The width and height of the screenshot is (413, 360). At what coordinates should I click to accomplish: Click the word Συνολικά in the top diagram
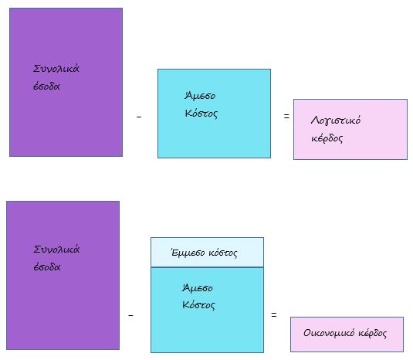(x=56, y=69)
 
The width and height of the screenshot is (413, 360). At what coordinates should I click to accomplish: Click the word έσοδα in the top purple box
(x=46, y=87)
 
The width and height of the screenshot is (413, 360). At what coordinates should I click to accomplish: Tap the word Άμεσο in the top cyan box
(x=200, y=95)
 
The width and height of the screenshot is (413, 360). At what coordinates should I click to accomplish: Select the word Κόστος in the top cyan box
(x=201, y=114)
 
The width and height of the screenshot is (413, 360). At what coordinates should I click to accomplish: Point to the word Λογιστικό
(x=336, y=121)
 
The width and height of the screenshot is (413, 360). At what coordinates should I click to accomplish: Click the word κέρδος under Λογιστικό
(x=327, y=138)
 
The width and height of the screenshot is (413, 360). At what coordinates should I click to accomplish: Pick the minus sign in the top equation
(x=139, y=116)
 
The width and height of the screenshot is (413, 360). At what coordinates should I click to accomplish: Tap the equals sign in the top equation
(x=286, y=116)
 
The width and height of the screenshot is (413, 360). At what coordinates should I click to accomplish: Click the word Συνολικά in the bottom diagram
(x=56, y=250)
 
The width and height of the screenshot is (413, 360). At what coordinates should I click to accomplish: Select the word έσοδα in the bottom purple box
(x=47, y=267)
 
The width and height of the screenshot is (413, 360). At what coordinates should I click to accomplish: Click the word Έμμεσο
(x=188, y=253)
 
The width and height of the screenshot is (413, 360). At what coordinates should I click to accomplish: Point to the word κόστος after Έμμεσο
(x=223, y=253)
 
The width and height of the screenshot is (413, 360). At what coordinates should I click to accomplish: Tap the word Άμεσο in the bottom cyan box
(x=198, y=288)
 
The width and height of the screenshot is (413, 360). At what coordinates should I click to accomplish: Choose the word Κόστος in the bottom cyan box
(x=198, y=305)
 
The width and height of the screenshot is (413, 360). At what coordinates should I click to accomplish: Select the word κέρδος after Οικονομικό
(x=372, y=334)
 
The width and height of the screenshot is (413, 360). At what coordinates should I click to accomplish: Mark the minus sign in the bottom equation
(x=130, y=315)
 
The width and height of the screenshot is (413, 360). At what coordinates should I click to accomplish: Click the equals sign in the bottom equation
(x=274, y=314)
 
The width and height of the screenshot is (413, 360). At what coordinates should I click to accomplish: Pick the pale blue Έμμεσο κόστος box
(x=207, y=252)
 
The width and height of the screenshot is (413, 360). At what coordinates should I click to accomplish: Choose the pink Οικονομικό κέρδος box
(x=347, y=335)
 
